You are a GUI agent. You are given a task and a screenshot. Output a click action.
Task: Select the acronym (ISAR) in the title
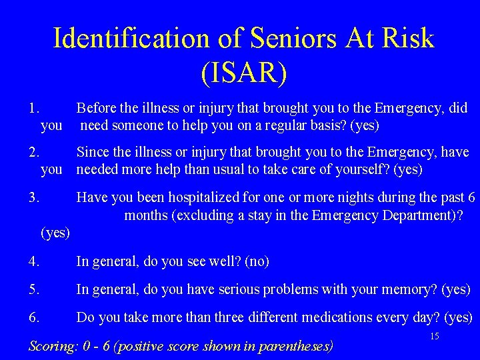click(243, 72)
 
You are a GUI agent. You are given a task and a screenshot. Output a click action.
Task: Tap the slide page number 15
click(434, 336)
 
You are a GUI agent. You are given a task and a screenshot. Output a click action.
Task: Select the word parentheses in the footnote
click(297, 346)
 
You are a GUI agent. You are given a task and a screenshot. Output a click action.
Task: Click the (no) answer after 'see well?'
click(257, 261)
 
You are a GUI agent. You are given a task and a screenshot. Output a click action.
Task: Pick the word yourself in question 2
click(365, 169)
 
